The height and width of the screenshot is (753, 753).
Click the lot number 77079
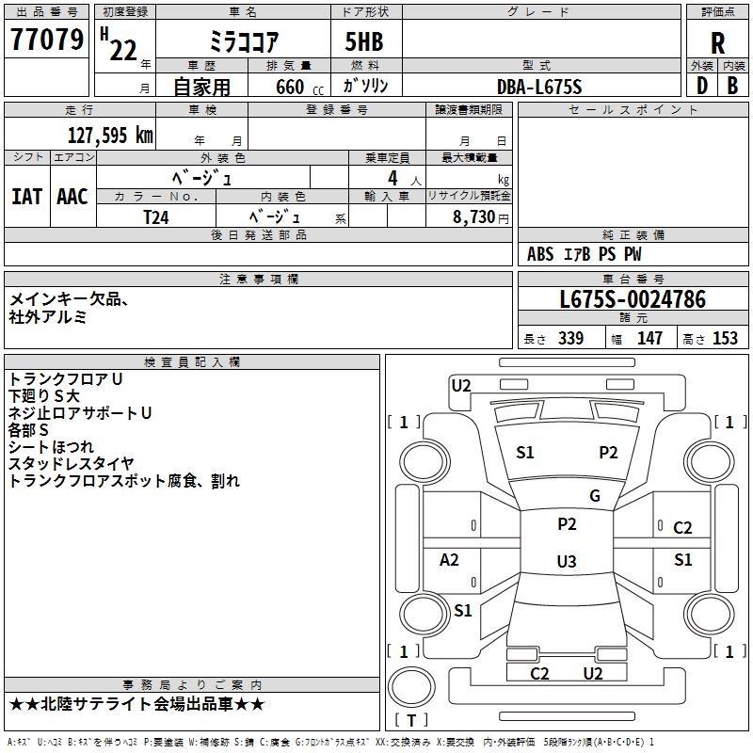[47, 40]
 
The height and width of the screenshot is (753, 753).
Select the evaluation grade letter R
[717, 43]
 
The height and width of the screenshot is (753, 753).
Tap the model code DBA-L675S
[539, 87]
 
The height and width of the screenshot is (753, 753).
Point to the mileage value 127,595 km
[110, 135]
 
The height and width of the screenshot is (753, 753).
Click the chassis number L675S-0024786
[633, 299]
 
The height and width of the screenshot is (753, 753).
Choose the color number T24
[156, 216]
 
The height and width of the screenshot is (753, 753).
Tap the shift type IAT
[27, 196]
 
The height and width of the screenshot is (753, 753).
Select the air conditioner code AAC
[72, 196]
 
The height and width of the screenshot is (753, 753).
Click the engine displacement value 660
[290, 87]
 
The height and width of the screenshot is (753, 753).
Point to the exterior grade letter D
[701, 86]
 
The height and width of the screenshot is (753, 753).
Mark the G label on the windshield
[595, 495]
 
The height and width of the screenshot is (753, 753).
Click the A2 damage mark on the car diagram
[450, 559]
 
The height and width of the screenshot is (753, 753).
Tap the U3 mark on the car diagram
[566, 562]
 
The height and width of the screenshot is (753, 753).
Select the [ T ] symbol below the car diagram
[411, 721]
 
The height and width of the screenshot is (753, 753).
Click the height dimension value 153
[725, 339]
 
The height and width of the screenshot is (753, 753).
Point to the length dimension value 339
[570, 339]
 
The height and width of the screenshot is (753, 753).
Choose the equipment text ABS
[540, 254]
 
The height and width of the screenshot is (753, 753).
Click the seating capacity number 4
[392, 178]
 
